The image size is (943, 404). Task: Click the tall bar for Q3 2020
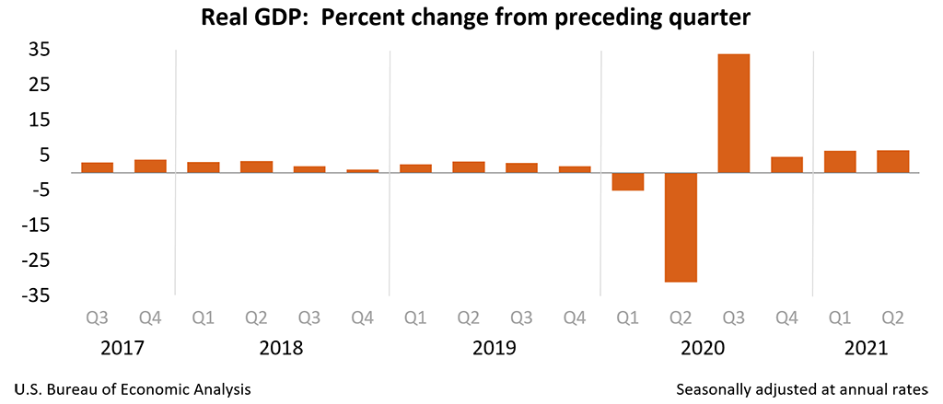[733, 113]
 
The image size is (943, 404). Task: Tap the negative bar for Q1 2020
[627, 181]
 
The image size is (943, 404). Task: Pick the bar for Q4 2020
[786, 165]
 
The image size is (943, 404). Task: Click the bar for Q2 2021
[892, 161]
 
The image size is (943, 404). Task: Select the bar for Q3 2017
[97, 167]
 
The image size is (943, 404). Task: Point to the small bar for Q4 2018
[362, 171]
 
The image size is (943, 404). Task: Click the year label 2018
[283, 349]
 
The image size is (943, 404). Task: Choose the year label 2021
[866, 349]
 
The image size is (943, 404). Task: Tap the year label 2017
[123, 349]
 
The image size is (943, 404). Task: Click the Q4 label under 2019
[575, 317]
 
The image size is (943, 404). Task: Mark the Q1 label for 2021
[839, 317]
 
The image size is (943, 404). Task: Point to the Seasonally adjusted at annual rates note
[801, 389]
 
